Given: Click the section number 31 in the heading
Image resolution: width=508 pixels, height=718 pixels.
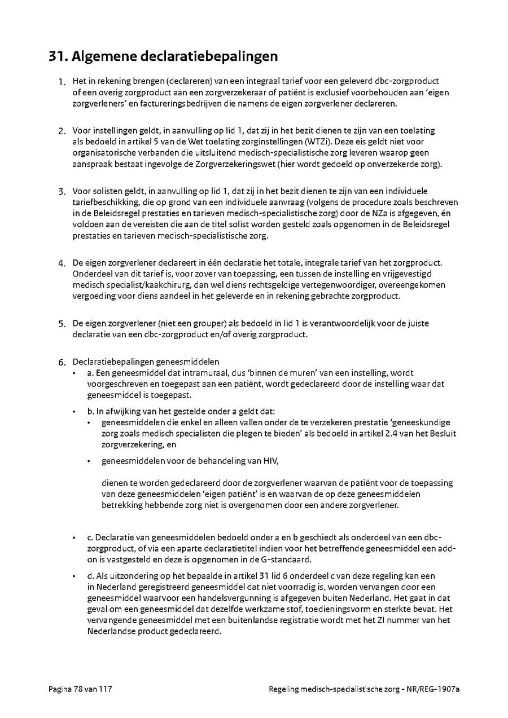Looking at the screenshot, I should pos(59,57).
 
